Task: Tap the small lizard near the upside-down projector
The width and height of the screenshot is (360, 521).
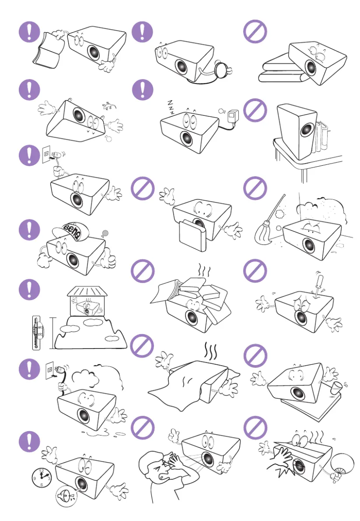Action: coord(108,106)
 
